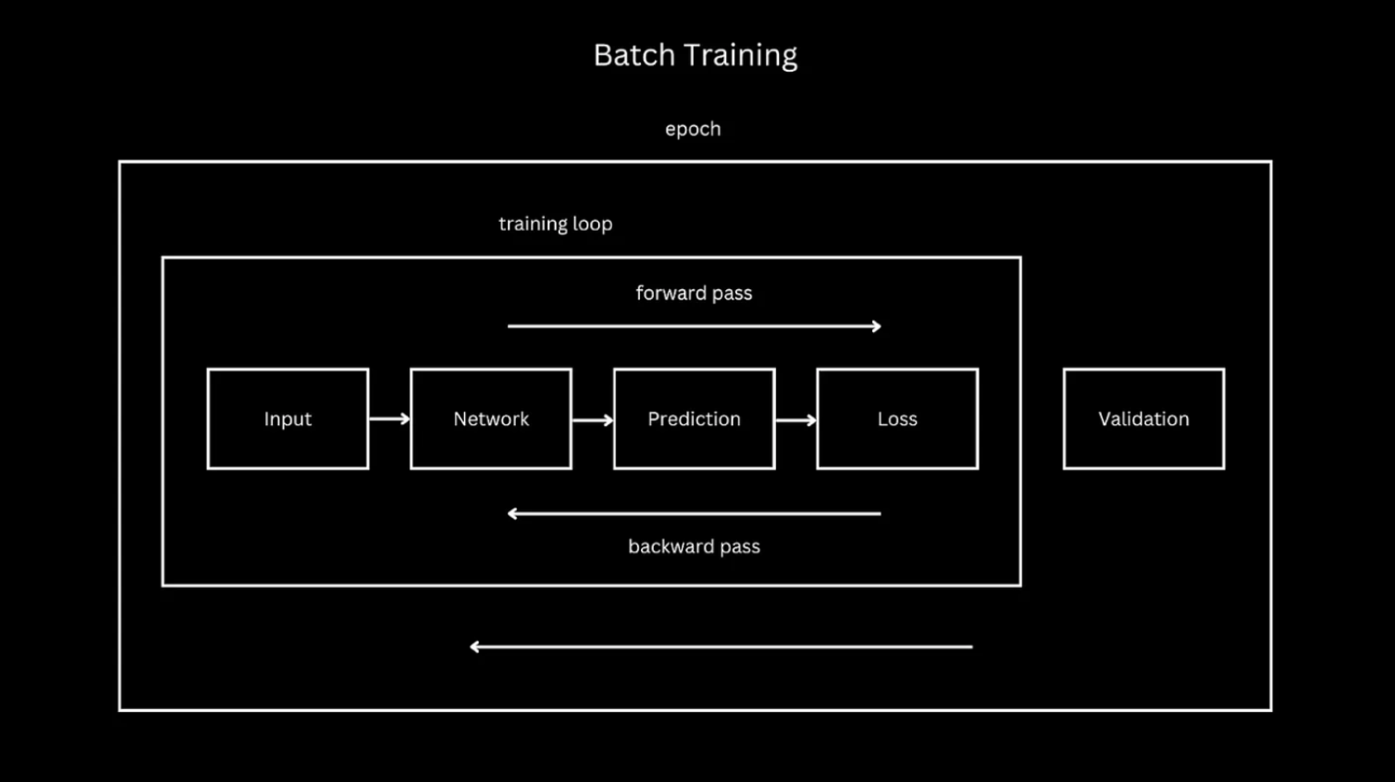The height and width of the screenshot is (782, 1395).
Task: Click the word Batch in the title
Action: pyautogui.click(x=634, y=55)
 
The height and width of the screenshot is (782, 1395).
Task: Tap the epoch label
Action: pyautogui.click(x=692, y=129)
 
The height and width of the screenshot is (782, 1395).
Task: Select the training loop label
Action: pyautogui.click(x=555, y=223)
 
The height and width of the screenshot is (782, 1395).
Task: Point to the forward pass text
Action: pyautogui.click(x=694, y=293)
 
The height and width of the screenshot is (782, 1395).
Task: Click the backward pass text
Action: pyautogui.click(x=694, y=546)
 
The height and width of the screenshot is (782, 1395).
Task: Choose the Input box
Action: pyautogui.click(x=288, y=419)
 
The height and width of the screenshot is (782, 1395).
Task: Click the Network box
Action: pyautogui.click(x=491, y=419)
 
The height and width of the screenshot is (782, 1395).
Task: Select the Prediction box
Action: pyautogui.click(x=694, y=419)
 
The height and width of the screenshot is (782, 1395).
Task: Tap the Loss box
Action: pyautogui.click(x=897, y=419)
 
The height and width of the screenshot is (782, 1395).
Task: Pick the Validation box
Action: pyautogui.click(x=1143, y=419)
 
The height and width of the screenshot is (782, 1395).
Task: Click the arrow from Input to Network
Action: pyautogui.click(x=389, y=419)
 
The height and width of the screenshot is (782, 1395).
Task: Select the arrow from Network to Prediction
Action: pyautogui.click(x=592, y=420)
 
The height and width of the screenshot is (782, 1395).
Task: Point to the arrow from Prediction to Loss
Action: pyautogui.click(x=795, y=420)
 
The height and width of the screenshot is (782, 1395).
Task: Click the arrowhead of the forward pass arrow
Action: pyautogui.click(x=877, y=326)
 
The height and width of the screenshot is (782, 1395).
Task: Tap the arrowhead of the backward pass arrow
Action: pyautogui.click(x=512, y=513)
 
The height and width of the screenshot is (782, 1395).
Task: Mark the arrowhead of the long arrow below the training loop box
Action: pyautogui.click(x=475, y=646)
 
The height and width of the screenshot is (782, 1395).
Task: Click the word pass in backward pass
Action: pyautogui.click(x=739, y=546)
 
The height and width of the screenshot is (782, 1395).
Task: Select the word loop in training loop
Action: pyautogui.click(x=592, y=224)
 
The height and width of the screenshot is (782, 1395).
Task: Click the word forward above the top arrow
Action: pyautogui.click(x=671, y=293)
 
